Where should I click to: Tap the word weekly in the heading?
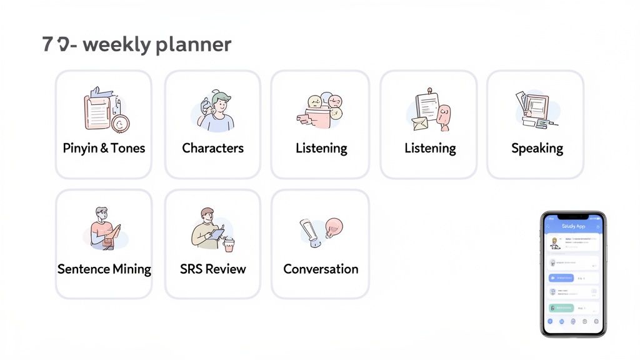pyautogui.click(x=116, y=45)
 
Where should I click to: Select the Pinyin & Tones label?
pyautogui.click(x=104, y=148)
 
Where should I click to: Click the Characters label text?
pyautogui.click(x=212, y=148)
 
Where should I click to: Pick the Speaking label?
pyautogui.click(x=537, y=148)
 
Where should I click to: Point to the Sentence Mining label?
pyautogui.click(x=104, y=269)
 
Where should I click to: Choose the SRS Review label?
pyautogui.click(x=212, y=269)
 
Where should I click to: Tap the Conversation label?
pyautogui.click(x=321, y=269)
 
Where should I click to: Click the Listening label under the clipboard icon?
pyautogui.click(x=430, y=148)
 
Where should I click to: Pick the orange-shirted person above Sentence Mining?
pyautogui.click(x=102, y=229)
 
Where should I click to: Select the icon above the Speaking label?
pyautogui.click(x=534, y=109)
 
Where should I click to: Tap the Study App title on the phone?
pyautogui.click(x=573, y=226)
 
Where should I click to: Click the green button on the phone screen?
pyautogui.click(x=561, y=307)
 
